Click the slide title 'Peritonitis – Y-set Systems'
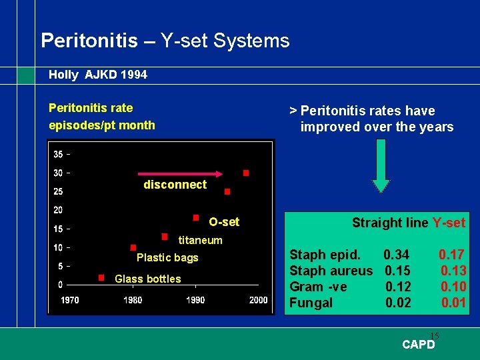coord(165,41)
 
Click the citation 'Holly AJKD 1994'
coord(97,75)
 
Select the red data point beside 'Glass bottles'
coord(101,277)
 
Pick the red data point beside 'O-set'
coord(196,217)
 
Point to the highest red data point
coord(246,173)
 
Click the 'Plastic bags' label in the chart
coord(167,257)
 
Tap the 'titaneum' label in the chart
coord(200,240)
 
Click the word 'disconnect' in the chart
coord(175,185)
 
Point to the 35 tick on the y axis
coord(59,154)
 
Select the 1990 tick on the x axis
coord(195,300)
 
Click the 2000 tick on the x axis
coord(257,300)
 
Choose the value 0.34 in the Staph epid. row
coord(396,254)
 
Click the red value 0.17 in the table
coord(451,254)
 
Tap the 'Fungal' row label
coord(311,303)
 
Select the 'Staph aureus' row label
coord(331,270)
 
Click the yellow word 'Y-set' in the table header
coord(449,223)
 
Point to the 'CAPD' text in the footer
coord(418,345)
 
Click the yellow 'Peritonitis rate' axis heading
coord(91,108)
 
